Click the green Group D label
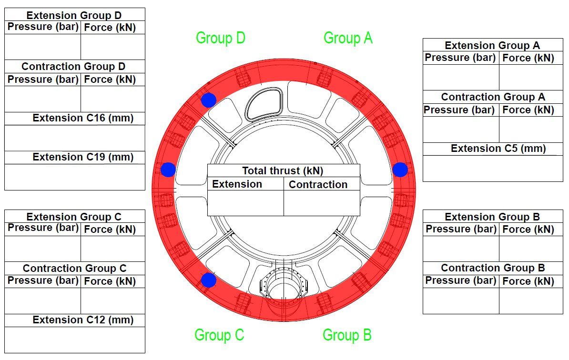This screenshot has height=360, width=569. coord(221,38)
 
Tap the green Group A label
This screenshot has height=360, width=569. coord(348,38)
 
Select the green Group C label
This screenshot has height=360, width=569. coord(219,335)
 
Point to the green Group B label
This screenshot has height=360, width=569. coord(347,335)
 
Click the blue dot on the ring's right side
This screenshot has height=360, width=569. coord(400,170)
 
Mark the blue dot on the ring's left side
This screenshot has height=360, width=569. coord(168,170)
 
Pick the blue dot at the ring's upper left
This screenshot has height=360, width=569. coord(208,100)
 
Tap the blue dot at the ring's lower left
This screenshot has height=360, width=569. coord(208,280)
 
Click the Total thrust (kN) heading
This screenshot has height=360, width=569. coord(283,170)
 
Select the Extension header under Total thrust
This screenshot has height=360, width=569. coord(237,184)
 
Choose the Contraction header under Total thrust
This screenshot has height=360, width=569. coord(318,185)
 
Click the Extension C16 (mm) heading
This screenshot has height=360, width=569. coord(83,118)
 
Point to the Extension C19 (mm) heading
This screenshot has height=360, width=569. coord(83,157)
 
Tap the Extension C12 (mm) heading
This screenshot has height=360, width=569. coord(83,320)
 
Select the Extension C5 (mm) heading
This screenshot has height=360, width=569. coord(498,149)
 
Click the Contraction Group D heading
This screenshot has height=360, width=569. coord(73,66)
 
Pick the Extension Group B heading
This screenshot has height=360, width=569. coord(492,217)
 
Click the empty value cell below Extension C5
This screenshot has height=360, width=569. coord(493,169)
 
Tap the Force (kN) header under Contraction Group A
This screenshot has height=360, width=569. coord(528,110)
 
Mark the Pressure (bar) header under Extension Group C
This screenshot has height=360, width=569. coord(43,228)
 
